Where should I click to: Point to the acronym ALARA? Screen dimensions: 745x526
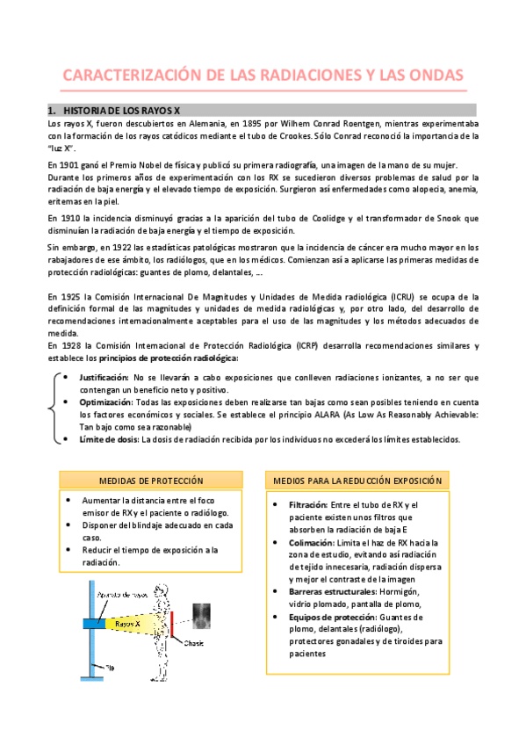pyautogui.click(x=327, y=414)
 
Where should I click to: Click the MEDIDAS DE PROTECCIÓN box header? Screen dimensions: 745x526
pyautogui.click(x=152, y=481)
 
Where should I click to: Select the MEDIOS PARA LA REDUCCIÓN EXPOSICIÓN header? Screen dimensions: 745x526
pyautogui.click(x=357, y=481)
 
